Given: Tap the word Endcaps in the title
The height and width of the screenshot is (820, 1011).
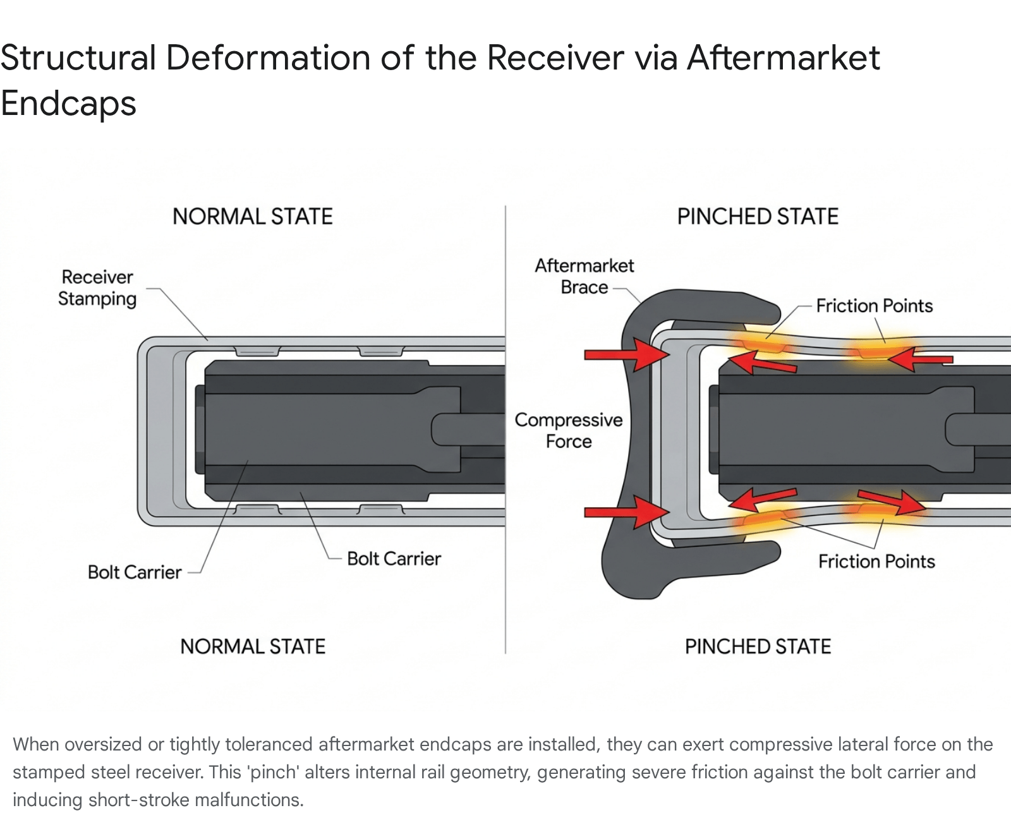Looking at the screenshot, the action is pyautogui.click(x=69, y=104).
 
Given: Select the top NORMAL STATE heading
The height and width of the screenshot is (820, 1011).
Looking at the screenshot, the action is pyautogui.click(x=253, y=217).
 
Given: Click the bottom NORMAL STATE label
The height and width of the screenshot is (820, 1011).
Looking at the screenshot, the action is pyautogui.click(x=253, y=646).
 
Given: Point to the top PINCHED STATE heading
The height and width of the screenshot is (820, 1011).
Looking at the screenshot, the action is pyautogui.click(x=758, y=217).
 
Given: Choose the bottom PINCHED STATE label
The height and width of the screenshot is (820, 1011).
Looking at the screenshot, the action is pyautogui.click(x=758, y=646).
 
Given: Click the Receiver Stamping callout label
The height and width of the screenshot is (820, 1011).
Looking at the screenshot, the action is pyautogui.click(x=97, y=288).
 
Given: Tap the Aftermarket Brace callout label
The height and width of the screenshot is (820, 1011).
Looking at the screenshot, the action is pyautogui.click(x=584, y=276).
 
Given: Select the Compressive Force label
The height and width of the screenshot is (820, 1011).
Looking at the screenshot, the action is pyautogui.click(x=569, y=430).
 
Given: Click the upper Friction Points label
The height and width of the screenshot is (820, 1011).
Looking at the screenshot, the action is pyautogui.click(x=875, y=306).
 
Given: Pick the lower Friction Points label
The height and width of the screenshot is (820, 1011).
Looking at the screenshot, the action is pyautogui.click(x=876, y=562).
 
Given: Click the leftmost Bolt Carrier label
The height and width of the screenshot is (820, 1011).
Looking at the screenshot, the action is pyautogui.click(x=135, y=572).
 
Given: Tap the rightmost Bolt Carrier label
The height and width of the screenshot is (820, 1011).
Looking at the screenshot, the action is pyautogui.click(x=394, y=559).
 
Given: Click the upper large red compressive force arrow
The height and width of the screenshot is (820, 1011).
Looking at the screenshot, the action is pyautogui.click(x=627, y=354).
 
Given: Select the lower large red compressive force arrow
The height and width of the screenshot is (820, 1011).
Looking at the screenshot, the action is pyautogui.click(x=627, y=512).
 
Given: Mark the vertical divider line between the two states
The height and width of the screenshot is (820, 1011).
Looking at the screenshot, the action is pyautogui.click(x=505, y=430).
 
